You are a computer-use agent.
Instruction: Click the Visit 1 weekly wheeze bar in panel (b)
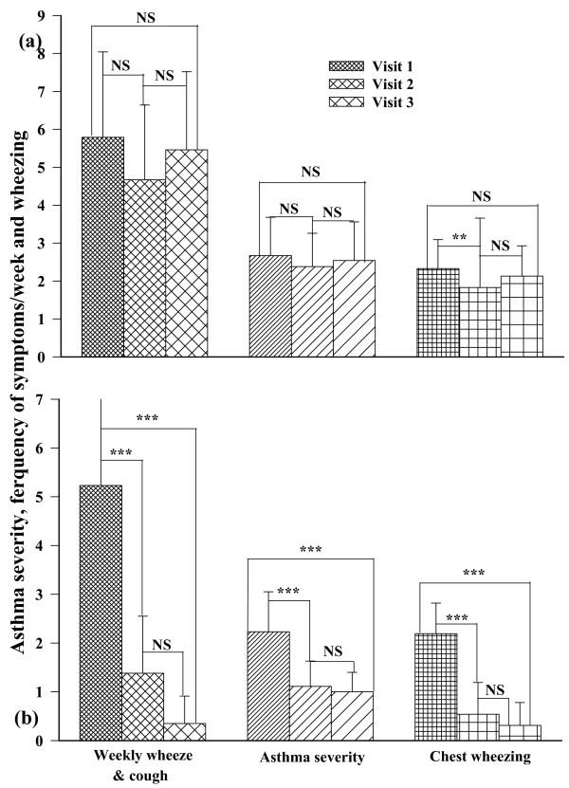pyautogui.click(x=102, y=612)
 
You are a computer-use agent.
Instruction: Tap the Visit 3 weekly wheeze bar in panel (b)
pyautogui.click(x=186, y=731)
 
